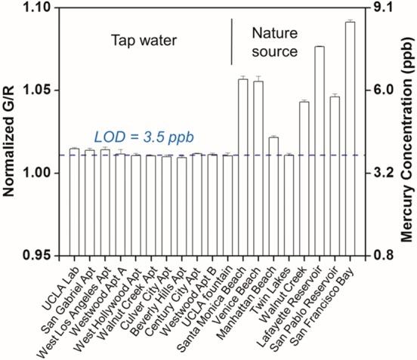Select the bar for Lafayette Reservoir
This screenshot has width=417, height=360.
[319, 151]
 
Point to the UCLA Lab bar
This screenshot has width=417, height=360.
[74, 202]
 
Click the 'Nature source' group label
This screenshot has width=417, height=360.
[275, 42]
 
